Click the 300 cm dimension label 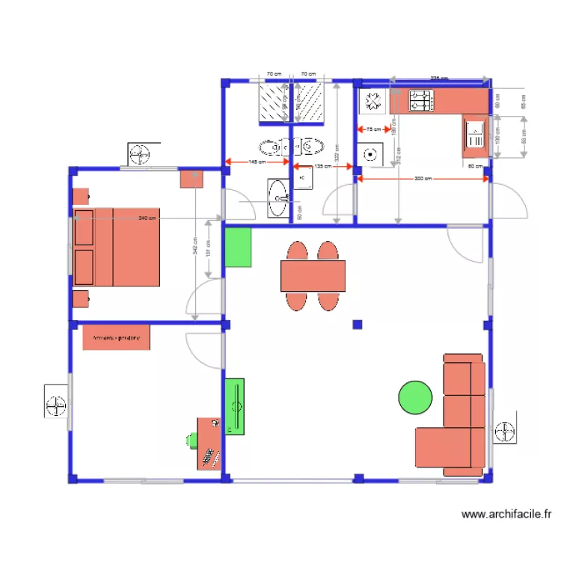pyautogui.click(x=422, y=179)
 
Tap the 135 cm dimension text pyautogui.click(x=322, y=167)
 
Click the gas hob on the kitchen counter pyautogui.click(x=420, y=100)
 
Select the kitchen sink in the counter pyautogui.click(x=474, y=135)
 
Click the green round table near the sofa pyautogui.click(x=415, y=396)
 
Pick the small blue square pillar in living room pyautogui.click(x=358, y=325)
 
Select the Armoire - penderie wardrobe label pyautogui.click(x=117, y=337)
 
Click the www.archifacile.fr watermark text pyautogui.click(x=506, y=515)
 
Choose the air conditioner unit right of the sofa pyautogui.click(x=506, y=432)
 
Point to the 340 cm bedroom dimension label pyautogui.click(x=147, y=218)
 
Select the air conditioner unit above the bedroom pyautogui.click(x=141, y=155)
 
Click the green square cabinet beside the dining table pyautogui.click(x=238, y=248)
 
